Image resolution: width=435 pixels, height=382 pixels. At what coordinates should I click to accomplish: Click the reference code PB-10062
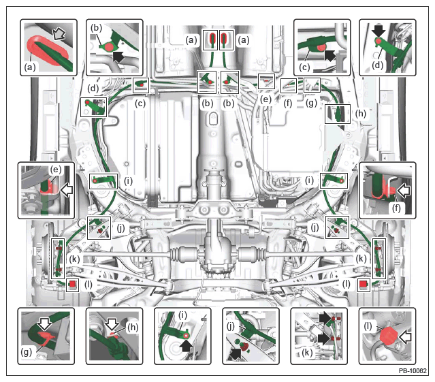tap(413, 370)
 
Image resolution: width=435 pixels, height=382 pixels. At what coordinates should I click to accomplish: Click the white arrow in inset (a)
tap(59, 35)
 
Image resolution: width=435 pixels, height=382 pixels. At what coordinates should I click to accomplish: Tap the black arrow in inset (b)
tap(118, 57)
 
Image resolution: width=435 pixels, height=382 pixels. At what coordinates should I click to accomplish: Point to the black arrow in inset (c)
tap(330, 55)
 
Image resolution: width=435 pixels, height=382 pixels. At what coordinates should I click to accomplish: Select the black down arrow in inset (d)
tap(378, 31)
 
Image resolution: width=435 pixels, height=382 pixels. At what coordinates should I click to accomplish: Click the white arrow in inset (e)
tap(67, 190)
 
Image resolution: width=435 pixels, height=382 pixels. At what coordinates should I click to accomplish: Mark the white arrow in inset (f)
tap(404, 191)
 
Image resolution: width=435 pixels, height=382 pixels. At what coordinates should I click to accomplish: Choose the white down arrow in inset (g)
tap(45, 323)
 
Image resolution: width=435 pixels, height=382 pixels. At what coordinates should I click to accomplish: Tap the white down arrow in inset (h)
tap(112, 323)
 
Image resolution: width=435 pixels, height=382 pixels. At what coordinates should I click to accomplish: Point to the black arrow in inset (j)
tap(236, 354)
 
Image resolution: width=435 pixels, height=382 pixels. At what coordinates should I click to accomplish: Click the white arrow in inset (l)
tap(405, 338)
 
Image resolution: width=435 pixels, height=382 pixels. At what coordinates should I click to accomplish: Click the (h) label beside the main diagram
tap(360, 113)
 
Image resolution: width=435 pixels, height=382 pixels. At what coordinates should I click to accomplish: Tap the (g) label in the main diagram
tap(311, 103)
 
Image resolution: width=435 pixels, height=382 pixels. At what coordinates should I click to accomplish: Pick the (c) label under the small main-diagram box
tap(140, 104)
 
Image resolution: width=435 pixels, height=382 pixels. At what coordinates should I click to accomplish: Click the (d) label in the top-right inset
tap(377, 65)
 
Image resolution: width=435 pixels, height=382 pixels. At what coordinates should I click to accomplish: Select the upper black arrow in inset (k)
tap(325, 318)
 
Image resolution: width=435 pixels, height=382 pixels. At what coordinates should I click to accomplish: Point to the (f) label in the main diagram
tap(288, 104)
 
